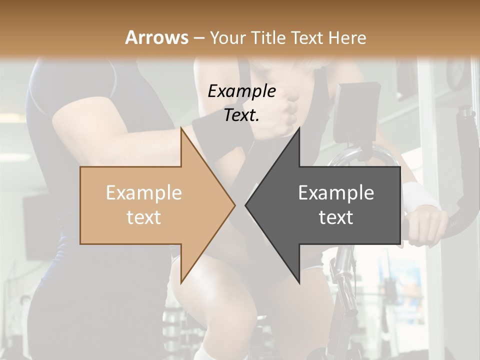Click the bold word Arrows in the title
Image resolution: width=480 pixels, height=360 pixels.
tap(156, 37)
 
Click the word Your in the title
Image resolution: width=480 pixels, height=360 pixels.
tap(227, 38)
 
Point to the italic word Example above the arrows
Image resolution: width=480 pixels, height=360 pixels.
tap(241, 91)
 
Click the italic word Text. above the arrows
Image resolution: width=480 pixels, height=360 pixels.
tap(241, 115)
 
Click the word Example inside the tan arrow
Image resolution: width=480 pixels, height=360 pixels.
tap(143, 193)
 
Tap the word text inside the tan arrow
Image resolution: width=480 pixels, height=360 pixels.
tap(143, 217)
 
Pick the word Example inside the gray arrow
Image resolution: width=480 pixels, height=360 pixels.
tap(336, 193)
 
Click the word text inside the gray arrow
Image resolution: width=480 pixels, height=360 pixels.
tap(336, 217)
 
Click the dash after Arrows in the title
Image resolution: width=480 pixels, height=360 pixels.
tap(198, 38)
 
